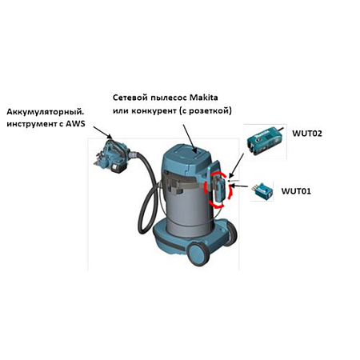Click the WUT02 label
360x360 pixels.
307,133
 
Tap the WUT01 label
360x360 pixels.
296,191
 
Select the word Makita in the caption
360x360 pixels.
203,98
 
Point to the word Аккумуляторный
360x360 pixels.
45,112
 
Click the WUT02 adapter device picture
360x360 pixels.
264,142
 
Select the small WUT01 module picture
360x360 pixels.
262,191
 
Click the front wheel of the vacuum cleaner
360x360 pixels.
198,254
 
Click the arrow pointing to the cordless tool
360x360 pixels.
102,133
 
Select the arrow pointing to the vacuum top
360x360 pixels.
190,138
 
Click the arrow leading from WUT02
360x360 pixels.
237,166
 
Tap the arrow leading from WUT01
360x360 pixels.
238,186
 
